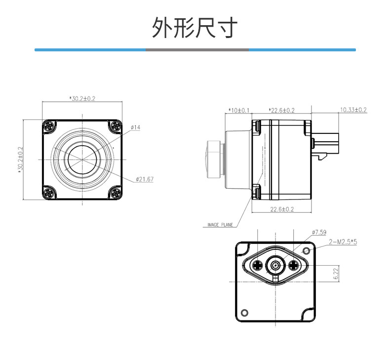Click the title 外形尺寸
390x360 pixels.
pyautogui.click(x=195, y=27)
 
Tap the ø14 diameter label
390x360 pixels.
pyautogui.click(x=136, y=127)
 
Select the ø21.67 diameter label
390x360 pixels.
pyautogui.click(x=145, y=179)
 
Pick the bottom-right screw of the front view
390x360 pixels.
pyautogui.click(x=116, y=193)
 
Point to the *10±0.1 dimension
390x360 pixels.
pyautogui.click(x=239, y=110)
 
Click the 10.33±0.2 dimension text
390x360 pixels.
pyautogui.click(x=353, y=110)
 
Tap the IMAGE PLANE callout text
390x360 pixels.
pyautogui.click(x=220, y=225)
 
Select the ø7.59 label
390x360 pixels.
pyautogui.click(x=319, y=232)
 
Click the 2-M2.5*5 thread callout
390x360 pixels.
pyautogui.click(x=343, y=241)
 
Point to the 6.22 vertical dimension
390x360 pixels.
pyautogui.click(x=336, y=274)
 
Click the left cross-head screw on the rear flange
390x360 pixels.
pyautogui.click(x=257, y=266)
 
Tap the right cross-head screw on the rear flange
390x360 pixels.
pyautogui.click(x=294, y=266)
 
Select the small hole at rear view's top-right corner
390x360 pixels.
pyautogui.click(x=307, y=250)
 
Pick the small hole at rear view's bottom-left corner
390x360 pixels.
pyautogui.click(x=245, y=312)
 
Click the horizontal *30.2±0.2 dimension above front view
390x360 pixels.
pyautogui.click(x=82, y=99)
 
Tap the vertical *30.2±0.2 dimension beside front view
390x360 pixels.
pyautogui.click(x=20, y=160)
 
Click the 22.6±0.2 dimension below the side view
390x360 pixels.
pyautogui.click(x=282, y=209)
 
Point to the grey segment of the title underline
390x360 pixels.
pyautogui.click(x=197, y=50)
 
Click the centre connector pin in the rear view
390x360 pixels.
pyautogui.click(x=275, y=266)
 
